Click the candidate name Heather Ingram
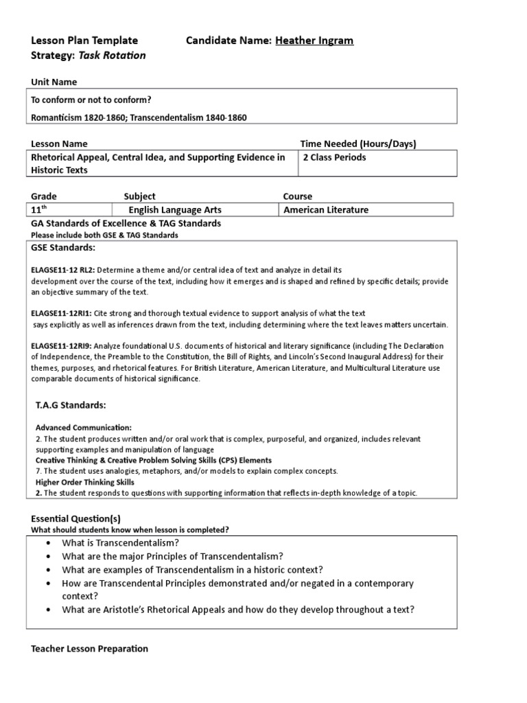314,41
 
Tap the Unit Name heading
54,82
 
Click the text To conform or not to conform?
91,100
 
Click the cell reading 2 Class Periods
334,157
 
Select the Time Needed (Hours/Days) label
358,143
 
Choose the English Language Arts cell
175,210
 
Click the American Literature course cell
326,210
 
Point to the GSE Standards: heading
64,247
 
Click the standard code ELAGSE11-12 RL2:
63,270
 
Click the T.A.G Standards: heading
71,405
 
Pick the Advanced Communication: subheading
84,427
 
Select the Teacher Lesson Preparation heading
90,649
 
